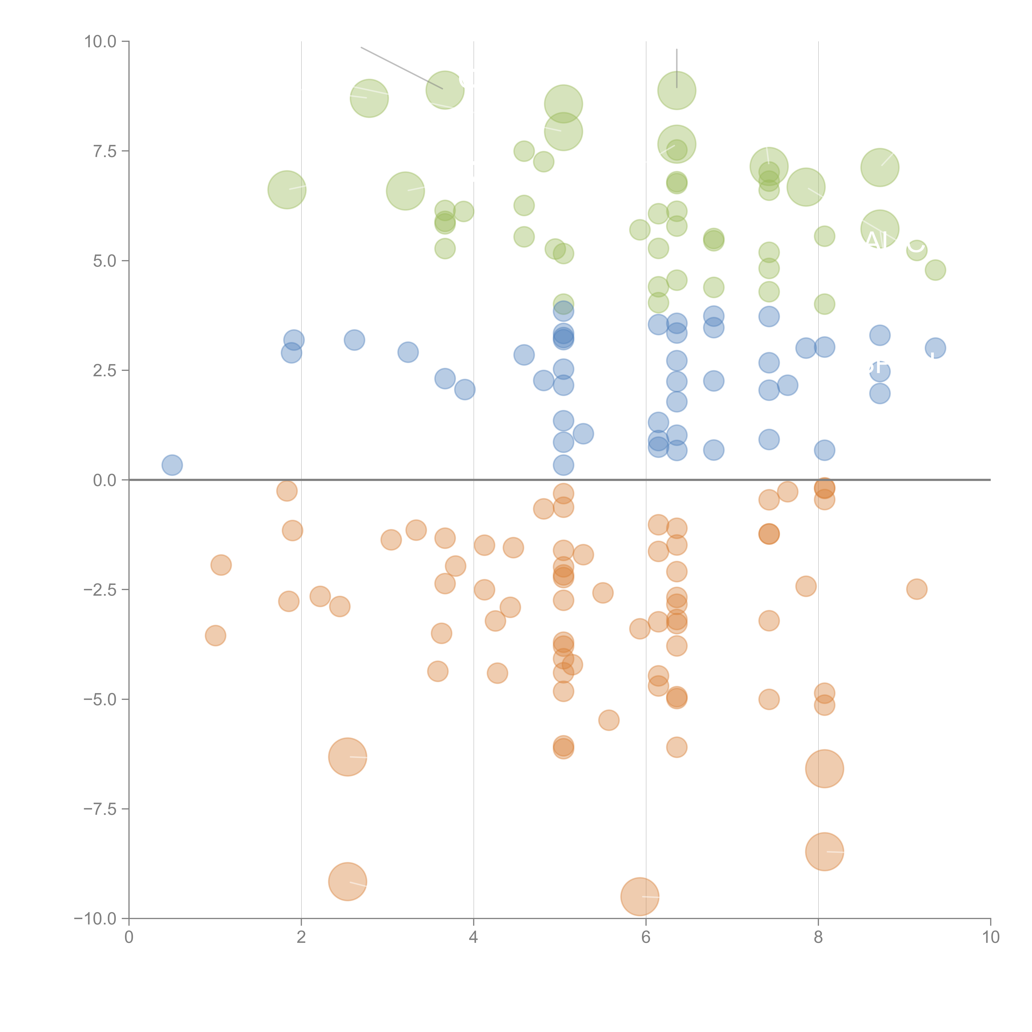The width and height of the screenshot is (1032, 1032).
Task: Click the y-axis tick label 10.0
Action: click(x=101, y=42)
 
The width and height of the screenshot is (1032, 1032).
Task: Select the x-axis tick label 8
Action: click(x=818, y=937)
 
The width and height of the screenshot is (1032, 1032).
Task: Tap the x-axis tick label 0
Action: click(x=129, y=937)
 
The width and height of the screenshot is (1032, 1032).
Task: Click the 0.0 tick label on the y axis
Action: click(x=105, y=480)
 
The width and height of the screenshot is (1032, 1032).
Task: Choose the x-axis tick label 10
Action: click(x=990, y=937)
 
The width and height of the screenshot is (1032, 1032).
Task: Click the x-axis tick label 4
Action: click(x=473, y=937)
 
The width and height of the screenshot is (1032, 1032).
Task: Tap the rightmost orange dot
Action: click(x=917, y=589)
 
